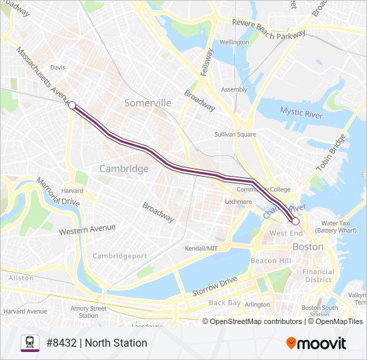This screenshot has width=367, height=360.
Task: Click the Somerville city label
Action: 147,103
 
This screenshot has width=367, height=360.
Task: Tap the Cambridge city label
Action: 123,169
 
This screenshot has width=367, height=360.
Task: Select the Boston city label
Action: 308,247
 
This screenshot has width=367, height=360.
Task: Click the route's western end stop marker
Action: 71,105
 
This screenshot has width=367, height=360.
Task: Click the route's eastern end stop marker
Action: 295,221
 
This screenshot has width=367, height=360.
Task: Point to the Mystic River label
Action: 301,113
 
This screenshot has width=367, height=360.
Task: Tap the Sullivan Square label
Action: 235,134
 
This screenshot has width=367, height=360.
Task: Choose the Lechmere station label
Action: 238,201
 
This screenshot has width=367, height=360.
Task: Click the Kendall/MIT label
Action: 202,248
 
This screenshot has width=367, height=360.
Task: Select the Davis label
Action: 58,67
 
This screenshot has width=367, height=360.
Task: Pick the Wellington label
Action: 234,42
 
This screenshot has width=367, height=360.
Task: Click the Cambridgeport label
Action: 119,256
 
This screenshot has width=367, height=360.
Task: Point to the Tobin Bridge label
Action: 331,153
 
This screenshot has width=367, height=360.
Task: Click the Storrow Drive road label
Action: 215,286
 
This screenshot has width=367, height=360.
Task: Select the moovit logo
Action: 316,343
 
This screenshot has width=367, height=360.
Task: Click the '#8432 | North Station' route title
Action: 97,343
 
